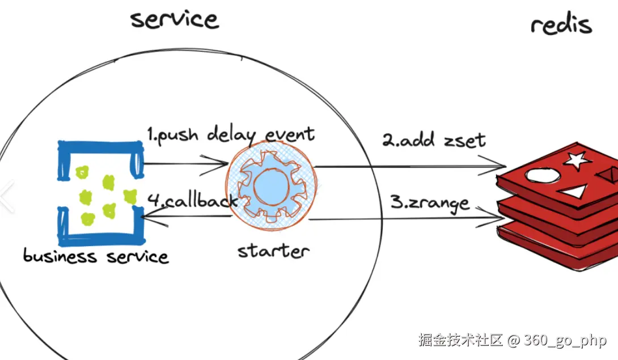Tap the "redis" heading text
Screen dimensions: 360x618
pos(561,25)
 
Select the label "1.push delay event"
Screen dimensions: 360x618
pos(230,135)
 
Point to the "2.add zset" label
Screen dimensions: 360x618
pos(434,139)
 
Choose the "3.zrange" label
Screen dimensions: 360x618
pos(430,202)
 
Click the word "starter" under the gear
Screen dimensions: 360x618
pos(273,251)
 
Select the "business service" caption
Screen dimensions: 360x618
pos(96,256)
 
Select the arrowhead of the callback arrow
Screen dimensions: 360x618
pos(145,216)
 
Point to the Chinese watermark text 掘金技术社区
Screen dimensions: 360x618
pos(460,341)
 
